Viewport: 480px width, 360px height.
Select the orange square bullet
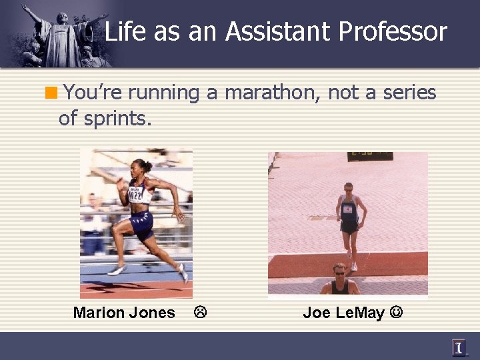pos(52,93)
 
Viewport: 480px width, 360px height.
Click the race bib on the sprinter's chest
pos(136,194)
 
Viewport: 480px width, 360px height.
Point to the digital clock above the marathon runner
pos(369,157)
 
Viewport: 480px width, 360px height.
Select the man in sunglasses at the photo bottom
pos(339,280)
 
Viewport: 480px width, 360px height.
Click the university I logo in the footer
pos(459,347)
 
